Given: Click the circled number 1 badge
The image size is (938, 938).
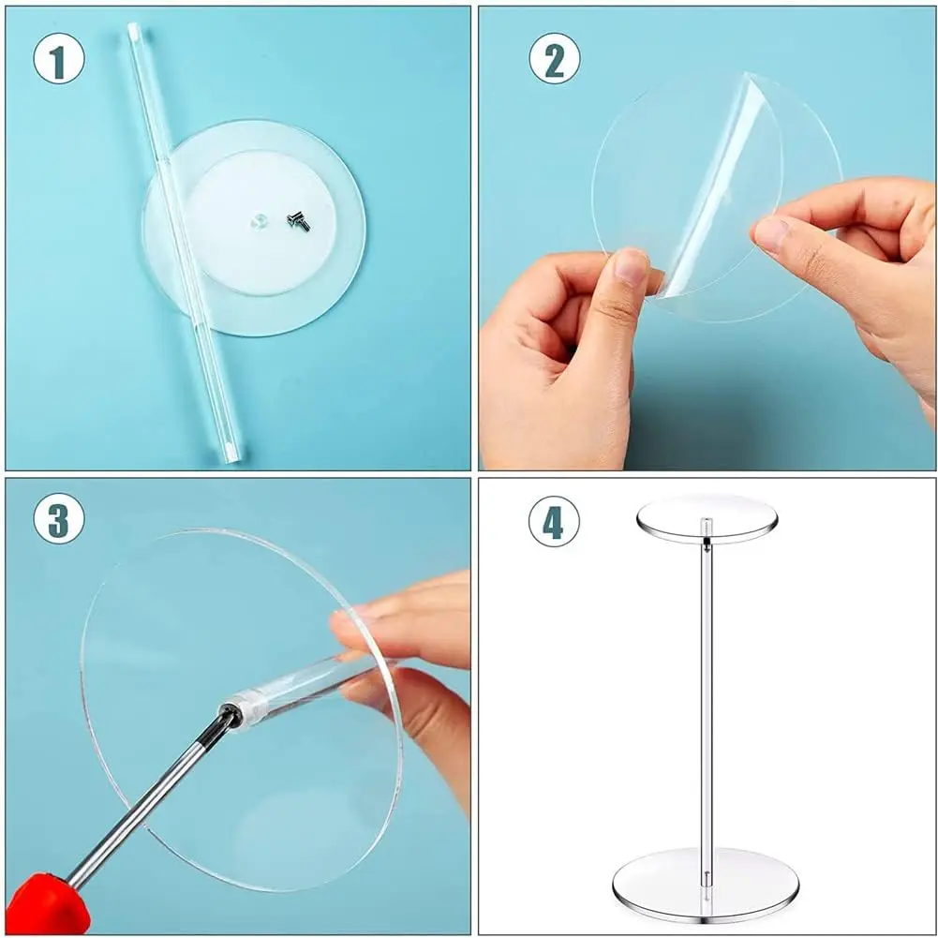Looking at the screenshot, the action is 59,58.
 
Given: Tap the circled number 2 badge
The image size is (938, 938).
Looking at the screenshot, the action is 554,58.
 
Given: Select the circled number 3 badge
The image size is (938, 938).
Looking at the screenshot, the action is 59,518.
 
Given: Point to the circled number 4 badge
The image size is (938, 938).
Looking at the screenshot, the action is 554,521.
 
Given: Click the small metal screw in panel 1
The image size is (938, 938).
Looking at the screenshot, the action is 299,221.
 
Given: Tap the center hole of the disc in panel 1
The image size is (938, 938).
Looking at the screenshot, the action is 259,222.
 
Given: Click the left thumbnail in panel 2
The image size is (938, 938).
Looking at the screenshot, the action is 632,265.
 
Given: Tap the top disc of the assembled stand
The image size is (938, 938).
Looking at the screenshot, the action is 707,518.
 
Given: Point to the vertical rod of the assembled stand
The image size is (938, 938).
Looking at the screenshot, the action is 707,706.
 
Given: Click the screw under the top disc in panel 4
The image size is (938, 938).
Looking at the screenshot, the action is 707,542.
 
